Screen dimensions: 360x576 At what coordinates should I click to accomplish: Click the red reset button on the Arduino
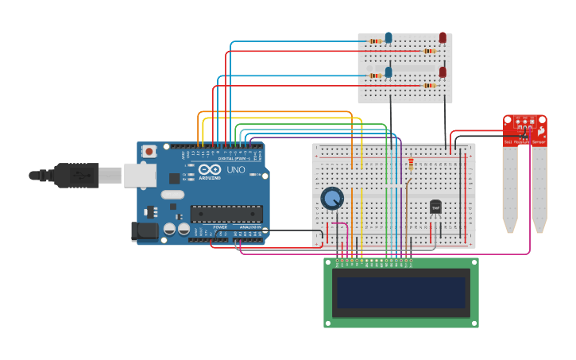coord(149,150)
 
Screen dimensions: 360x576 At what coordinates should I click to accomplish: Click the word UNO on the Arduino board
coord(236,170)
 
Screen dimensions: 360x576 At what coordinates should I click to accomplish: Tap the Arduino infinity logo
coord(210,170)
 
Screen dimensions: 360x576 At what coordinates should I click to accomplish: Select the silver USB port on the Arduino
coord(140,175)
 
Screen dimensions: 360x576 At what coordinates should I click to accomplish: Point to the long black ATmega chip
coord(226,214)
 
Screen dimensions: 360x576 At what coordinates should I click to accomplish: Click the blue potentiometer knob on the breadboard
coord(332,198)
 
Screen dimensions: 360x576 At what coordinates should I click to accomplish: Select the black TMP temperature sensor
coord(435,207)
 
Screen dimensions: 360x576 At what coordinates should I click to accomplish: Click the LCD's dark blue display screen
coord(400,292)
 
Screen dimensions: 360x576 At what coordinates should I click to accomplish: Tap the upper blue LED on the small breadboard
coord(389,37)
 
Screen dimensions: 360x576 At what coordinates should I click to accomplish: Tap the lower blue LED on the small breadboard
coord(389,72)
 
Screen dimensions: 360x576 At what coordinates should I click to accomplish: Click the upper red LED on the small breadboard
coord(443,37)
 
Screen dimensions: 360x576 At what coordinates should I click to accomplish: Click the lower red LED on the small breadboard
coord(443,72)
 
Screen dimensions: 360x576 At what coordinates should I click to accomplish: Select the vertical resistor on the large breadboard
coord(411,165)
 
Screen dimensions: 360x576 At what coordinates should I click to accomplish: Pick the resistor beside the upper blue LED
coord(375,41)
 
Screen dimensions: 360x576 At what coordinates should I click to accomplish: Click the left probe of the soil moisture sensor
coord(510,189)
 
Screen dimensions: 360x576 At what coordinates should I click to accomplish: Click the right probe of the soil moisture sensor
coord(539,189)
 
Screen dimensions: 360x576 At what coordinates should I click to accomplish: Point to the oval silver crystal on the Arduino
coord(172,195)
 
